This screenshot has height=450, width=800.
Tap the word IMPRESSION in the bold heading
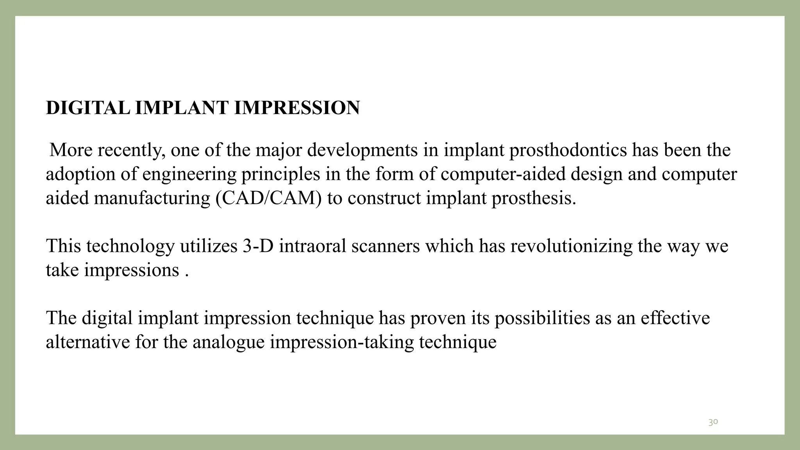296,108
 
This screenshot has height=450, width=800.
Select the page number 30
713,422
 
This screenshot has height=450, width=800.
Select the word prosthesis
534,198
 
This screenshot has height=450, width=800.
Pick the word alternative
87,342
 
